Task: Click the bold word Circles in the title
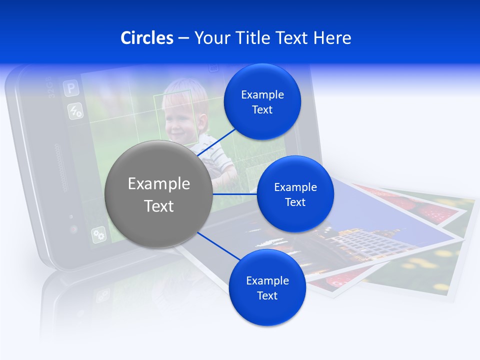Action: point(147,38)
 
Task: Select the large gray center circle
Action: point(158,194)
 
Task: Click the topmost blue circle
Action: point(262,102)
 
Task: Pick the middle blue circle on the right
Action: point(295,194)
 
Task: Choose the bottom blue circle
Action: point(267,288)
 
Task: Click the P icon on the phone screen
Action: point(71,89)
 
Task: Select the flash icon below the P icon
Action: point(75,111)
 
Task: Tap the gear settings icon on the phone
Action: point(98,234)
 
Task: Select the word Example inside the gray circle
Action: point(158,184)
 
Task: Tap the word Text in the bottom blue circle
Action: point(267,295)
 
